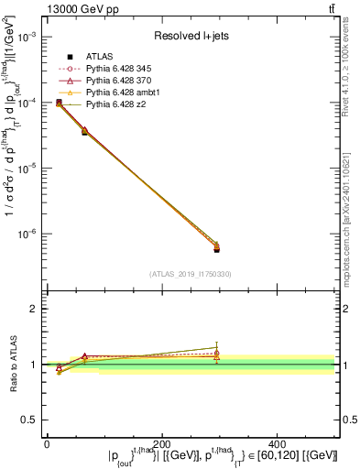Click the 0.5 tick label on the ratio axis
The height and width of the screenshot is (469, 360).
[31, 420]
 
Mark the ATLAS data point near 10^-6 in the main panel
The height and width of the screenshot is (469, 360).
[216, 249]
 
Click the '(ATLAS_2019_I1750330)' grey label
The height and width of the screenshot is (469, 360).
[190, 273]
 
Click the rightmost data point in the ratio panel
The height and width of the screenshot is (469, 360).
[216, 353]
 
